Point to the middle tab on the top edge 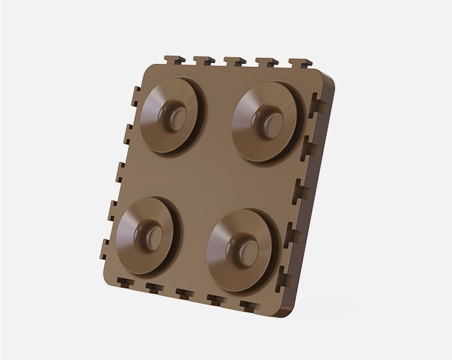[x=234, y=62]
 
